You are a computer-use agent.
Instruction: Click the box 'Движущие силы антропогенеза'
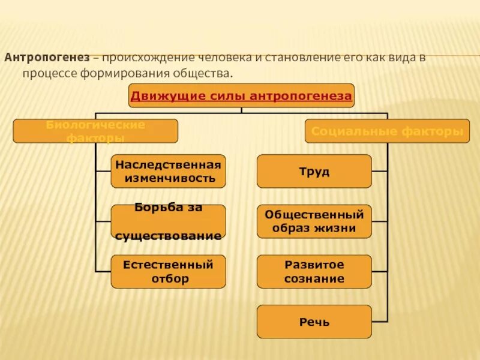[241, 95]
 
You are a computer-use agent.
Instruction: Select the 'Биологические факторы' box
[95, 131]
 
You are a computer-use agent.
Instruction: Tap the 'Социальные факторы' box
[387, 131]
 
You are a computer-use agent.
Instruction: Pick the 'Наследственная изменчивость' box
[168, 171]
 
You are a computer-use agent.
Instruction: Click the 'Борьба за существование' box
[168, 221]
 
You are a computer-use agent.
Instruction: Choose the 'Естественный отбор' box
[168, 271]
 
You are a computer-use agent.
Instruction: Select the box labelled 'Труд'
[314, 172]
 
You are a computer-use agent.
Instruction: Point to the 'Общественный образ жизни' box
[314, 221]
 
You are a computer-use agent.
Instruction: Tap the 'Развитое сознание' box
[314, 271]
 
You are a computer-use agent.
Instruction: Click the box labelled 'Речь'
[314, 322]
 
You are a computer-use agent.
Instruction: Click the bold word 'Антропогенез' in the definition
[47, 58]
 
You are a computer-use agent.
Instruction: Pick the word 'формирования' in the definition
[114, 73]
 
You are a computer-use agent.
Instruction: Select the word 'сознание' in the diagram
[315, 278]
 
